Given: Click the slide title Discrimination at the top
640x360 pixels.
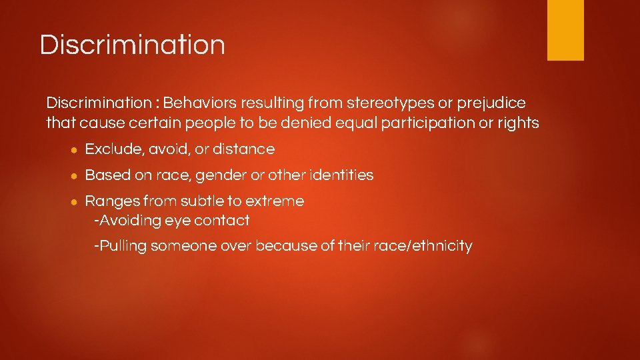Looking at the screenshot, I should pos(132,45).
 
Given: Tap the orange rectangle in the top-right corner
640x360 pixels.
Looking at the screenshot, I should pos(565,30).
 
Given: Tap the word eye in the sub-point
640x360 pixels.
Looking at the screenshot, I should pos(179,220).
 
